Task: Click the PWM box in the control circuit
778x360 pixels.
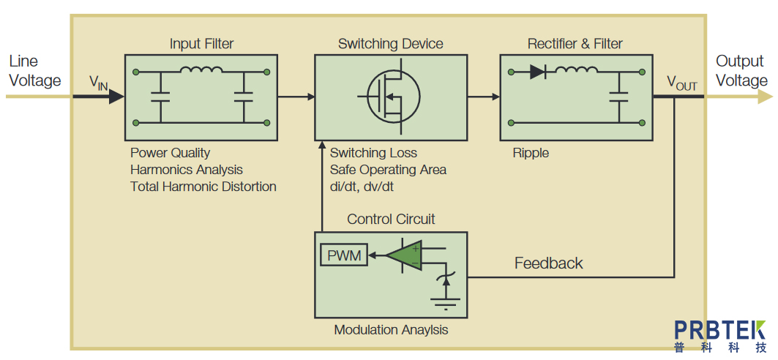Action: [x=344, y=255]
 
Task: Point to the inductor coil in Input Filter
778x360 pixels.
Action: [x=201, y=71]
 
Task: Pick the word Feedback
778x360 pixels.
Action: [x=549, y=263]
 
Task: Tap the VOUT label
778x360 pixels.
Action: [x=681, y=83]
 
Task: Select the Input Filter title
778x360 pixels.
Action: [x=202, y=44]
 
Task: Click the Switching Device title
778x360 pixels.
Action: [x=391, y=44]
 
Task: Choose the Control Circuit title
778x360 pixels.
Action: [x=391, y=219]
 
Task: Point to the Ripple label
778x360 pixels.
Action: [x=531, y=153]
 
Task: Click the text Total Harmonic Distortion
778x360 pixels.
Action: [x=203, y=187]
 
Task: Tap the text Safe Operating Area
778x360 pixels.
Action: [x=388, y=170]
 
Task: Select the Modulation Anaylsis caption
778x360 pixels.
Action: [x=391, y=330]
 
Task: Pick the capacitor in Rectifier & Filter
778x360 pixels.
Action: [x=620, y=96]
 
